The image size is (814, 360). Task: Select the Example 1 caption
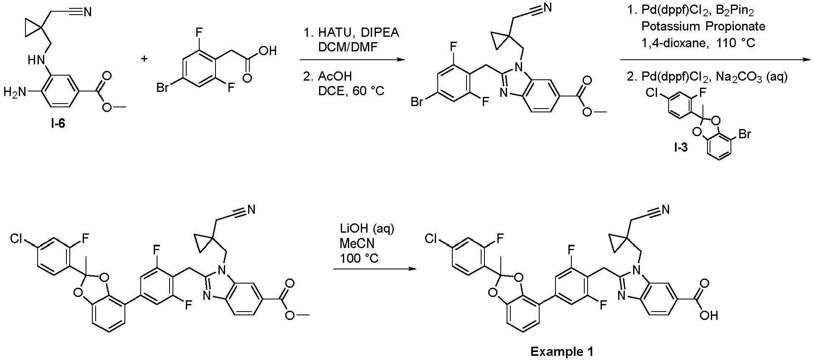[562, 352]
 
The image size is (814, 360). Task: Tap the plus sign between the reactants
[145, 59]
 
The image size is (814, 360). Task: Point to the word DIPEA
[378, 33]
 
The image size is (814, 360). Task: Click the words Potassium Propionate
[703, 26]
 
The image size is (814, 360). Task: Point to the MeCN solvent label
[357, 243]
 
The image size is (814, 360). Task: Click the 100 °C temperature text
[359, 258]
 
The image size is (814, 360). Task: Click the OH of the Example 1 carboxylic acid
[709, 315]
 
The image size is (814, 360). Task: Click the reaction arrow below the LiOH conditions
[375, 269]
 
